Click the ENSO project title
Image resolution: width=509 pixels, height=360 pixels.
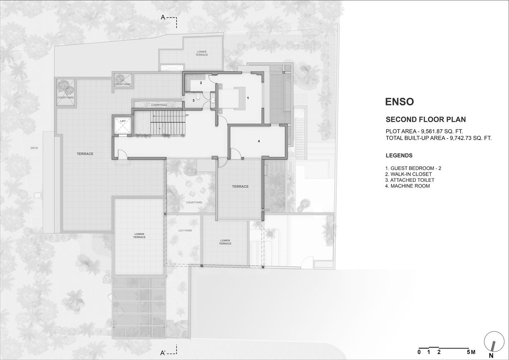[400, 102]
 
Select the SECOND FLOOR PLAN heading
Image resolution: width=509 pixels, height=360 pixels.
[426, 120]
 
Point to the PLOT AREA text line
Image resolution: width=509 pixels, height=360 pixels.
[424, 131]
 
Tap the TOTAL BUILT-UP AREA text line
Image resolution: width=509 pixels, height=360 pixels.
[438, 138]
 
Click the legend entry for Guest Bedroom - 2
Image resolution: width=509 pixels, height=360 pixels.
[413, 168]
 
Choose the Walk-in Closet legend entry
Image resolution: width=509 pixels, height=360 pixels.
[409, 174]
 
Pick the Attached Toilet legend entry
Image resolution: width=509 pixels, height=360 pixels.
[410, 180]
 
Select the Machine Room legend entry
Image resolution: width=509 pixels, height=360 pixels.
[408, 186]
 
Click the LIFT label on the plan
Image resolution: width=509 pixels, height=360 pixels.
[123, 121]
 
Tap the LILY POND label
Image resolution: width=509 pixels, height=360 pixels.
[185, 230]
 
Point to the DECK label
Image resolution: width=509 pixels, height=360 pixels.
[34, 148]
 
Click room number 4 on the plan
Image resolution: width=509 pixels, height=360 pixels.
[259, 141]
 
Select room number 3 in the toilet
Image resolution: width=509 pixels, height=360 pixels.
[194, 100]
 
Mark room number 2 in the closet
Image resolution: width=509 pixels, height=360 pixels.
[201, 83]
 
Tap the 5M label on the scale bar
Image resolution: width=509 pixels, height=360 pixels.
[471, 352]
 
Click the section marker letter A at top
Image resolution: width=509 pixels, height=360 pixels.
[163, 17]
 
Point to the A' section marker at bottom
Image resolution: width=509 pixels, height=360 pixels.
[163, 353]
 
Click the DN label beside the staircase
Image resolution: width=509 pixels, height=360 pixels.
[187, 115]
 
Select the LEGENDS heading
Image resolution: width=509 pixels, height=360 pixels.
[399, 156]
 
